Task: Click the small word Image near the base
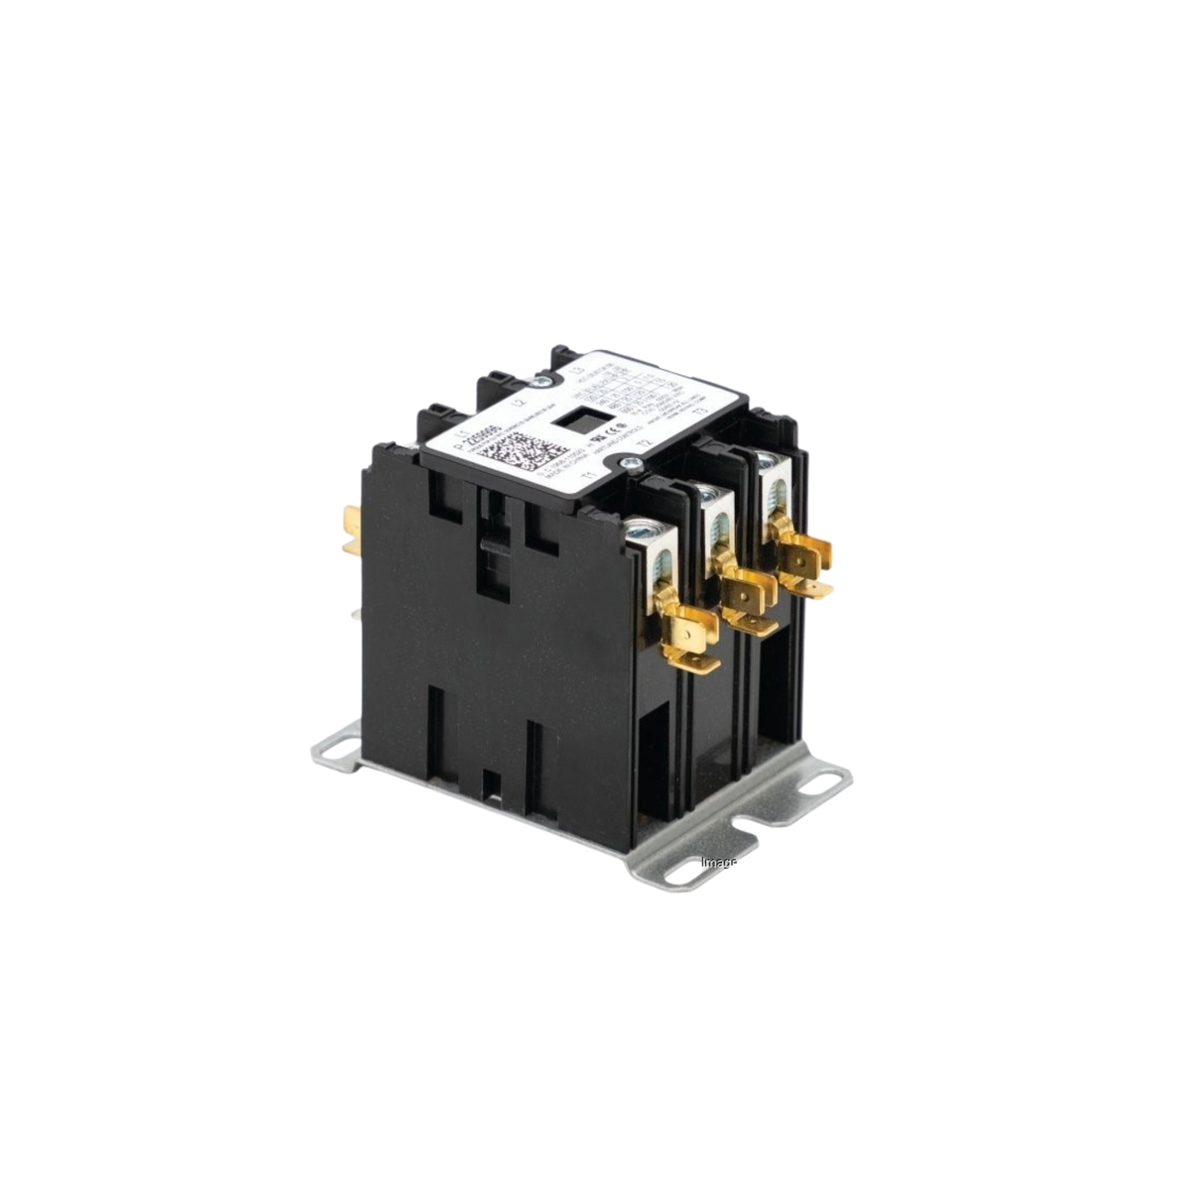point(718,862)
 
